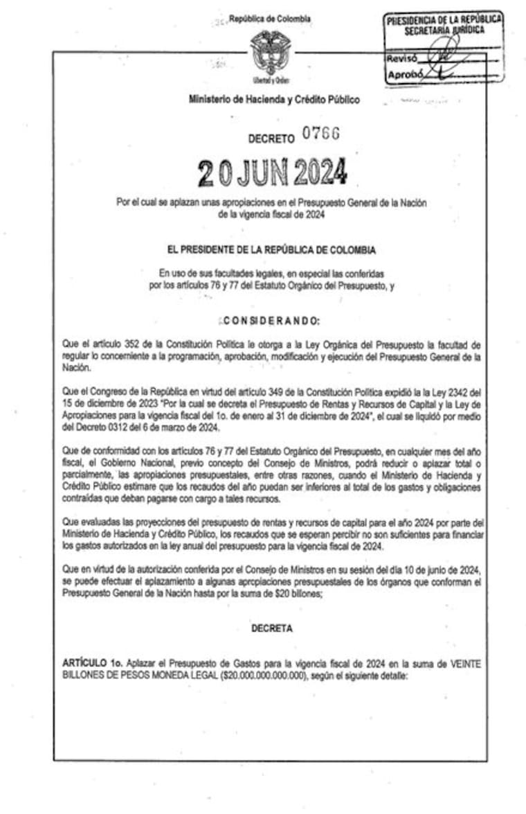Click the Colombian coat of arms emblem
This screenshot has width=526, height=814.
[x=271, y=51]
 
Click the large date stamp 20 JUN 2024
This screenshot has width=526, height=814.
[x=272, y=172]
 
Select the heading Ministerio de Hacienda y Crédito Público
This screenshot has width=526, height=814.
[x=274, y=100]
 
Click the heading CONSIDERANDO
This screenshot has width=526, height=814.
[x=271, y=321]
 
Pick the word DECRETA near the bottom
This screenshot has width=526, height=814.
[x=271, y=628]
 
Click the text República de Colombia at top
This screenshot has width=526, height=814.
[x=270, y=19]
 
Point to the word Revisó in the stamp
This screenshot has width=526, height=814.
[x=401, y=59]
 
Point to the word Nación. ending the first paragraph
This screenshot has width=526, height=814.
[x=74, y=369]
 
